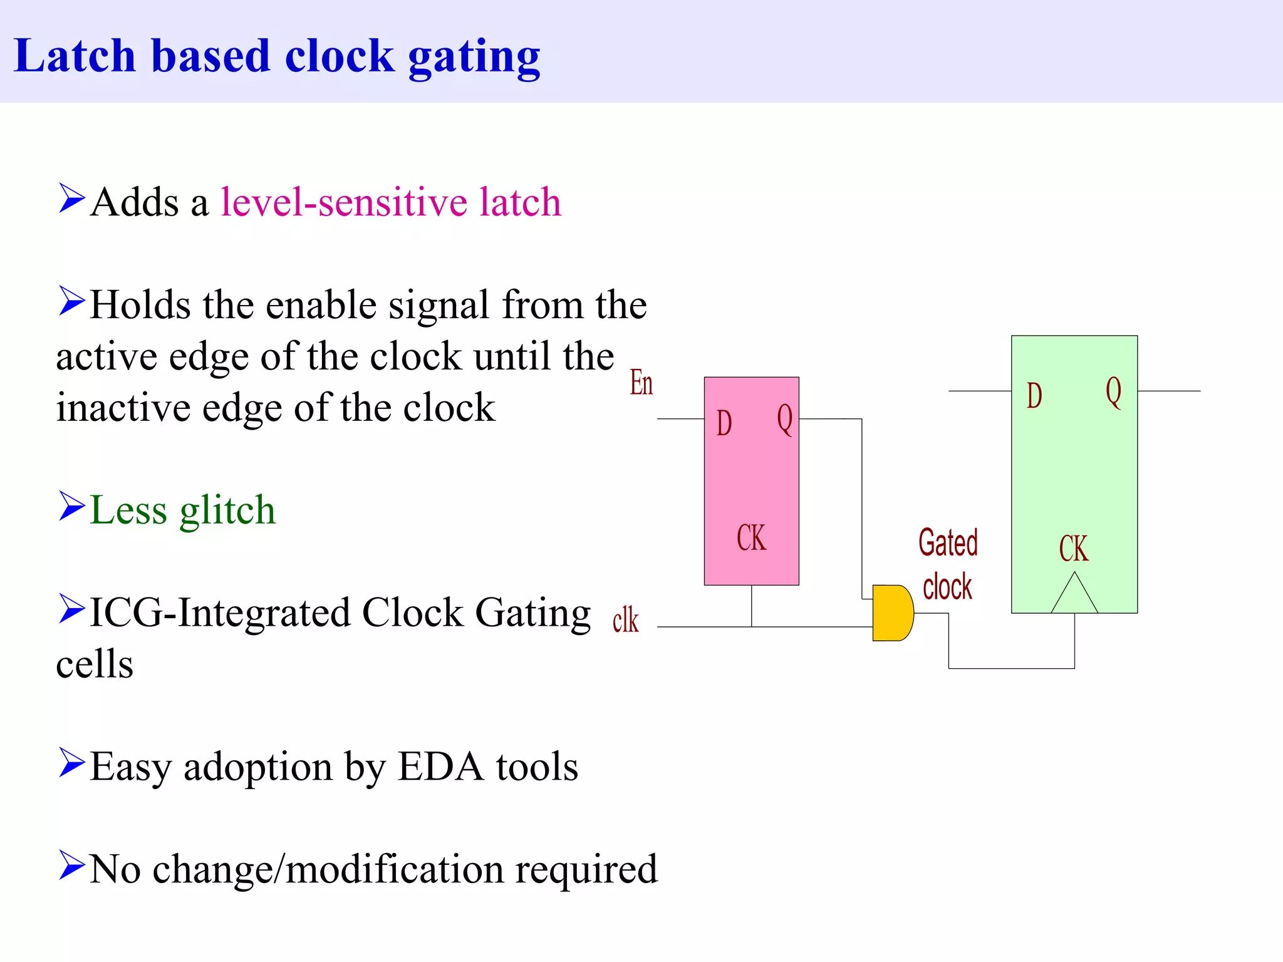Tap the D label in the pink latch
coord(724,423)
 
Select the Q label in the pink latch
coord(785,420)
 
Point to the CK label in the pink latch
coord(751,538)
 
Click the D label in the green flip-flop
coord(1034,396)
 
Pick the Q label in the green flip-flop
coord(1113,392)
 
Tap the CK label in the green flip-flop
coord(1074,549)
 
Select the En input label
coord(641,383)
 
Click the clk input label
coord(625,621)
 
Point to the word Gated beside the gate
coord(948,542)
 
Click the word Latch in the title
coord(75,56)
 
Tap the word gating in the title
coord(474,58)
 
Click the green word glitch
coord(227,510)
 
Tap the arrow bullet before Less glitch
coord(71,506)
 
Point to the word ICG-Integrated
coord(220,613)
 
